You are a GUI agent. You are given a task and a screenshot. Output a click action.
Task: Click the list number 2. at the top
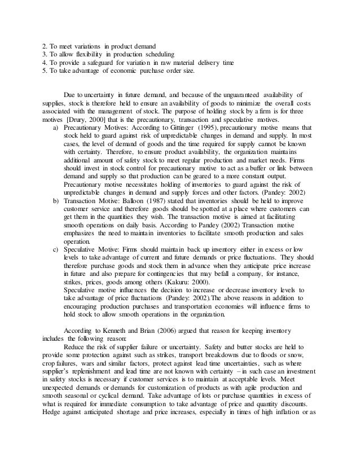(x=46, y=45)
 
